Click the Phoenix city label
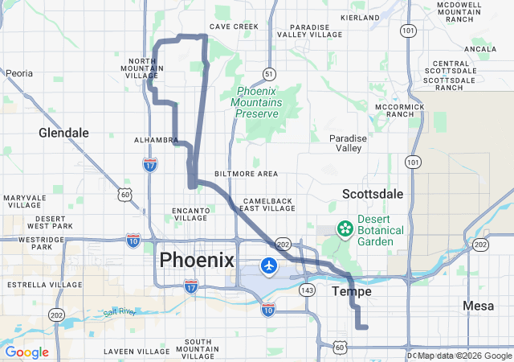click(197, 260)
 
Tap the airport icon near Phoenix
click(268, 265)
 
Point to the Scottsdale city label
click(373, 194)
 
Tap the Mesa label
click(479, 306)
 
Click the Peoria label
click(19, 73)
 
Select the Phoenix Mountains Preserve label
click(257, 102)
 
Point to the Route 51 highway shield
click(267, 73)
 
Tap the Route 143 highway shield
click(307, 289)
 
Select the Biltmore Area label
click(247, 174)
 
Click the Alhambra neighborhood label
click(155, 139)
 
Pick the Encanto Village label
click(190, 214)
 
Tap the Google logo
click(27, 352)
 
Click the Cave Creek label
click(235, 27)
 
